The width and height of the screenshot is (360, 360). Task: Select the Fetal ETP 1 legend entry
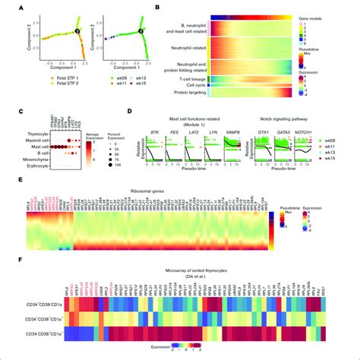click(53, 75)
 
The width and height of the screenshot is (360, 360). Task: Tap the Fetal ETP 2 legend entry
click(53, 82)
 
